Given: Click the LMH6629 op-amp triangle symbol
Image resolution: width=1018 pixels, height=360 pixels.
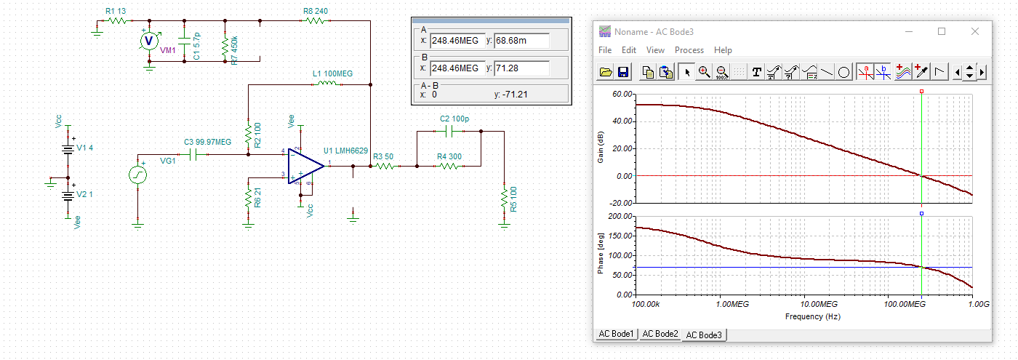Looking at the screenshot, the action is tap(305, 166).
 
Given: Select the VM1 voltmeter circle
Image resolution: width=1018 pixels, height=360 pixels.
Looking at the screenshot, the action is tap(148, 41).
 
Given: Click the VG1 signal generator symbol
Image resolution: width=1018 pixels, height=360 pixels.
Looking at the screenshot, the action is tap(137, 175).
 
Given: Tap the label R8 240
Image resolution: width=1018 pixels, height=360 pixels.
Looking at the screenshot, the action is tap(316, 11).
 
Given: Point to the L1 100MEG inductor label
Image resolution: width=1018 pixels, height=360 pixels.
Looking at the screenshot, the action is tap(332, 73).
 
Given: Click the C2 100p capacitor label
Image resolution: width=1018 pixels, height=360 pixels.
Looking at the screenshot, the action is tap(454, 119).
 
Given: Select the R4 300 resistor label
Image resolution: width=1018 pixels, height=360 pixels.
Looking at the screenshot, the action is tap(449, 156).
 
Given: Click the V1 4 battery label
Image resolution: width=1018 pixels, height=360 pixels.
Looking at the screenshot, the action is tap(84, 148).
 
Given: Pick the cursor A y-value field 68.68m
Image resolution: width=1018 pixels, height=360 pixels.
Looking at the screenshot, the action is tap(522, 41).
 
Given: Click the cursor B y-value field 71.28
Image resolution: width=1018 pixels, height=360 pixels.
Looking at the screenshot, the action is tap(522, 68).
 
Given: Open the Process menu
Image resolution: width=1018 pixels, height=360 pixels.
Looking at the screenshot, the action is tap(689, 50).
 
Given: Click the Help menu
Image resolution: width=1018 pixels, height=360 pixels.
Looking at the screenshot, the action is tap(723, 50).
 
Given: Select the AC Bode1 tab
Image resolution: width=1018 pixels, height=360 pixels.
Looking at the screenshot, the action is tap(616, 334).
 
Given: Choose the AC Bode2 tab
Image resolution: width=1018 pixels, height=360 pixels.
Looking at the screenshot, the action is tap(660, 334).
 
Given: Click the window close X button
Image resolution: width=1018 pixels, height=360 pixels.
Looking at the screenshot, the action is tap(975, 31).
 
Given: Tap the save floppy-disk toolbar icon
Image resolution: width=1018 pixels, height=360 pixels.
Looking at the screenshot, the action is tap(623, 72).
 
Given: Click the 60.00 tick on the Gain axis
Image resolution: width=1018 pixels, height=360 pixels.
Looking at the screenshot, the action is tap(622, 94).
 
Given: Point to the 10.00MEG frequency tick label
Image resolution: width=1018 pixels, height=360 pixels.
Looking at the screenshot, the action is tap(819, 304).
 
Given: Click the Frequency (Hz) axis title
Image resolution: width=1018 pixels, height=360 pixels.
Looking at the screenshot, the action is tap(813, 316).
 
